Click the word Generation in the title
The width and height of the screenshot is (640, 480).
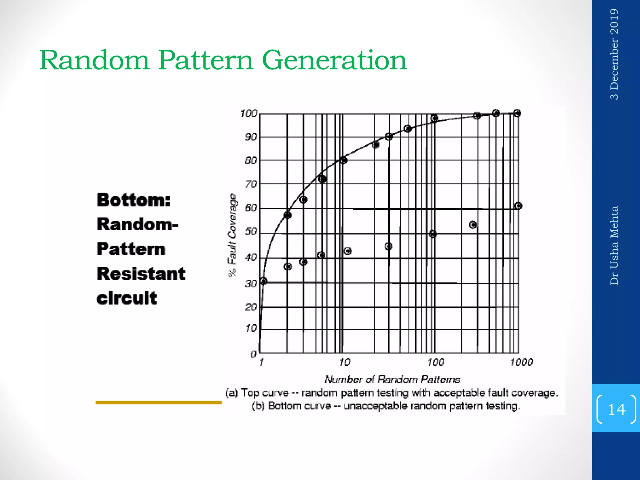click(x=334, y=60)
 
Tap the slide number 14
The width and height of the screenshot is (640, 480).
click(x=617, y=409)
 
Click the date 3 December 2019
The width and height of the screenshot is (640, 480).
click(x=614, y=54)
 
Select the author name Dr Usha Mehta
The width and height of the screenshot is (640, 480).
click(x=614, y=245)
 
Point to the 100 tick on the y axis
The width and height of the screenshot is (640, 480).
click(x=248, y=113)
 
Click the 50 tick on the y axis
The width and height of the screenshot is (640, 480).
click(x=251, y=232)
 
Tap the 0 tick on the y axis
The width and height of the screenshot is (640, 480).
click(x=253, y=354)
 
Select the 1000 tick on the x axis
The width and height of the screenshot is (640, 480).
click(x=521, y=362)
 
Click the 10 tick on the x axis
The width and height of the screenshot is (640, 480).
click(x=344, y=362)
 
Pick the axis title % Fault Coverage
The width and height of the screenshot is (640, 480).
click(x=232, y=235)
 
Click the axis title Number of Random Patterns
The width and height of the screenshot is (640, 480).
click(x=392, y=379)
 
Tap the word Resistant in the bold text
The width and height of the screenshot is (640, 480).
click(x=141, y=274)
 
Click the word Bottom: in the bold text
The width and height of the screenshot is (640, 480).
click(x=134, y=200)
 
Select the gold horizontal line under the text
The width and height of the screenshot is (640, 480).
click(x=158, y=402)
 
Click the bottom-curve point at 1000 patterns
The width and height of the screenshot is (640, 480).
click(x=518, y=206)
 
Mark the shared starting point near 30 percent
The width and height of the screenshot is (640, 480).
click(x=263, y=281)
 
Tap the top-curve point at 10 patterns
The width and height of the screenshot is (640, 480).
click(x=343, y=160)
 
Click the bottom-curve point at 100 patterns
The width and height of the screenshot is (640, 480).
click(x=432, y=234)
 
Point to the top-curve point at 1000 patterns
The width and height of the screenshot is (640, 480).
click(x=517, y=113)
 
